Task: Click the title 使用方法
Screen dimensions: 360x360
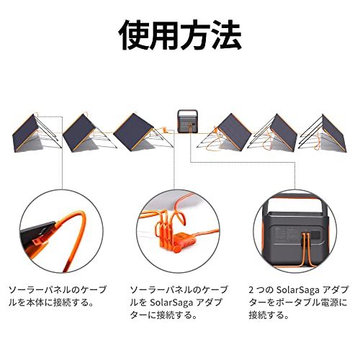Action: pyautogui.click(x=180, y=33)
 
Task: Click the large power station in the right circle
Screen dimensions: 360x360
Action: pyautogui.click(x=295, y=230)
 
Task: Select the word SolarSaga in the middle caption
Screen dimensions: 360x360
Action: pyautogui.click(x=176, y=302)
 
